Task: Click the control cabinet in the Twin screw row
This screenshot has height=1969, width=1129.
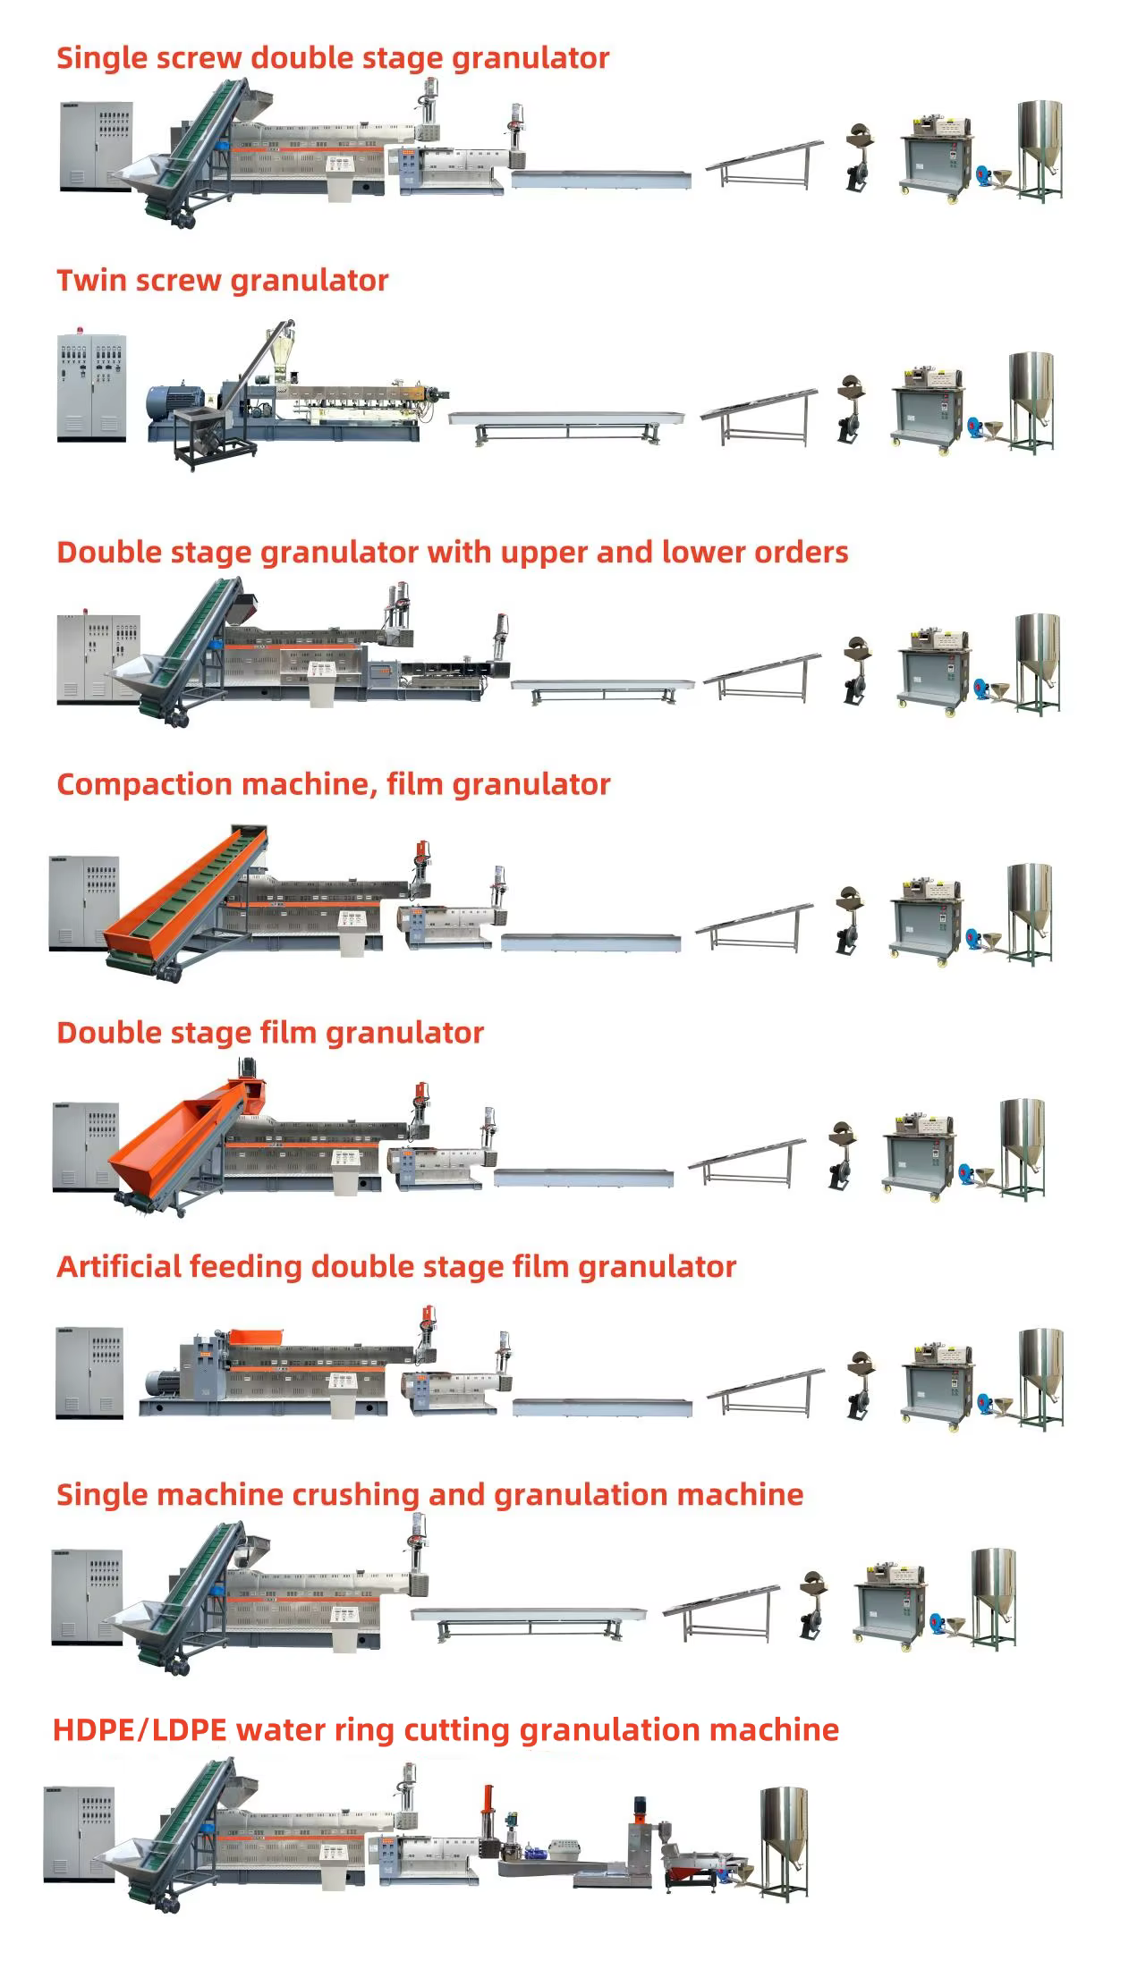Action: [x=92, y=387]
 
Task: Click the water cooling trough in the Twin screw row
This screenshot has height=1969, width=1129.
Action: [x=565, y=420]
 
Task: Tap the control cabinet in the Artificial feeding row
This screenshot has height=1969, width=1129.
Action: [x=89, y=1372]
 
